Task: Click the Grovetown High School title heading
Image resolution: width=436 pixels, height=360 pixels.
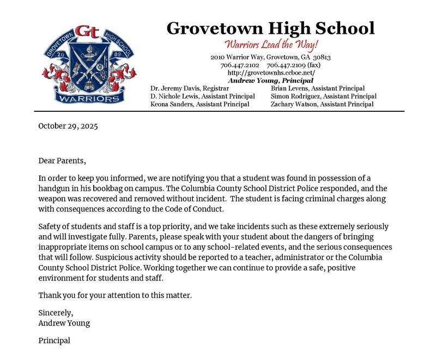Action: [x=270, y=28]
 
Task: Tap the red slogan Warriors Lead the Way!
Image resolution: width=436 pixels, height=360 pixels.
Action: [x=271, y=44]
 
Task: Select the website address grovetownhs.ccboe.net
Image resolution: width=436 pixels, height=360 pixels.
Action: [x=271, y=73]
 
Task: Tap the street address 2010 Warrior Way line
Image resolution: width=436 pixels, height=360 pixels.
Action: [x=271, y=57]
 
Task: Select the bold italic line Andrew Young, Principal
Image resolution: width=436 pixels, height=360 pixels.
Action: [x=270, y=80]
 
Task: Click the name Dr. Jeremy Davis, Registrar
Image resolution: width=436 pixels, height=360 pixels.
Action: [x=190, y=88]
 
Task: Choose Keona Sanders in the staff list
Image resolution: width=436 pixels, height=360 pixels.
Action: [x=200, y=104]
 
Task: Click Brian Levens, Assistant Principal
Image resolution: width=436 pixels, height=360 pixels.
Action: [x=317, y=88]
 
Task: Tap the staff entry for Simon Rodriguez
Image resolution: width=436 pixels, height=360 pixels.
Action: [x=323, y=96]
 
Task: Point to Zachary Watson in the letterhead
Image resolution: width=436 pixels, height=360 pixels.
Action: [x=322, y=104]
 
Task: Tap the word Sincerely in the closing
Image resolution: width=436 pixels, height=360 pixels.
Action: [x=56, y=313]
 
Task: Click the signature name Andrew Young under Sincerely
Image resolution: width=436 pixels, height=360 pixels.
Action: [x=64, y=323]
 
